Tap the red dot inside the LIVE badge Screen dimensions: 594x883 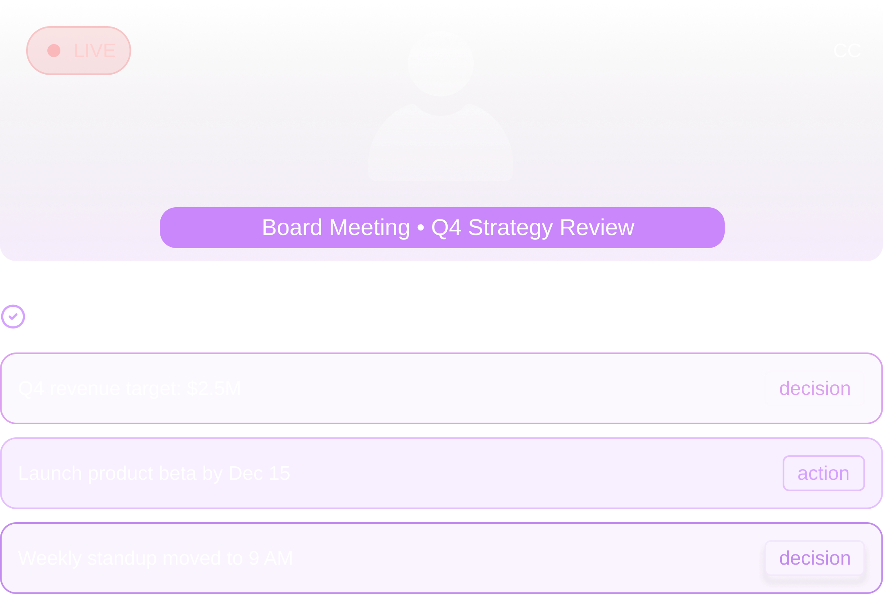click(54, 51)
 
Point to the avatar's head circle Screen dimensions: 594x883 click(441, 64)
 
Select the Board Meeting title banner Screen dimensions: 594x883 click(442, 228)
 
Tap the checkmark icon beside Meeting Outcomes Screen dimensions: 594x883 click(13, 317)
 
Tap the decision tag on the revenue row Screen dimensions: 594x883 click(814, 388)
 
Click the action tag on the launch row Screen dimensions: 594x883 click(823, 473)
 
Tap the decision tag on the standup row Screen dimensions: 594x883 click(814, 558)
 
